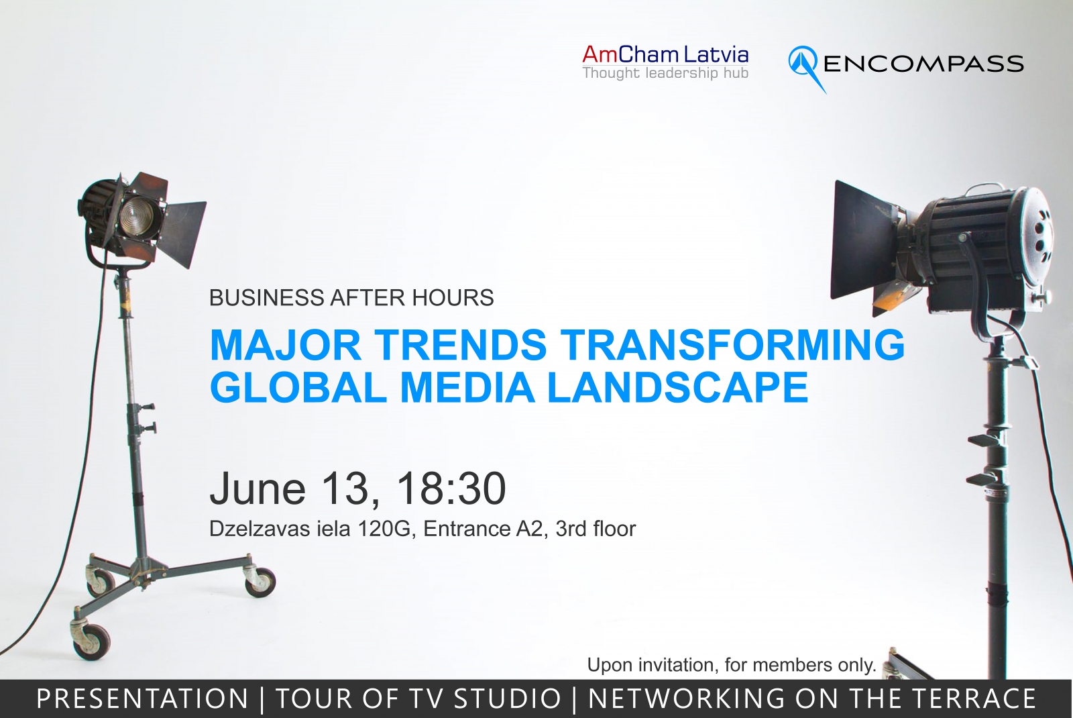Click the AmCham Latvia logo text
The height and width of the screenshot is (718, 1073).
tap(665, 54)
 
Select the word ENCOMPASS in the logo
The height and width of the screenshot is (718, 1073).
tap(923, 64)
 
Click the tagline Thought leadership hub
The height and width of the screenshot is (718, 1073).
tap(665, 73)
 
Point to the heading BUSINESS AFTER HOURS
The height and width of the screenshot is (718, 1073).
tap(351, 298)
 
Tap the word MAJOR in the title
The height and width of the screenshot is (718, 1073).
tap(285, 344)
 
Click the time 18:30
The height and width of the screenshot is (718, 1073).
tap(451, 489)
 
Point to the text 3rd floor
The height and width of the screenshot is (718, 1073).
tap(596, 529)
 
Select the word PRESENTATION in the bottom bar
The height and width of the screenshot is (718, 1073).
tap(142, 699)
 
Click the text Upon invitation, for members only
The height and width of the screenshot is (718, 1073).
tap(732, 665)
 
